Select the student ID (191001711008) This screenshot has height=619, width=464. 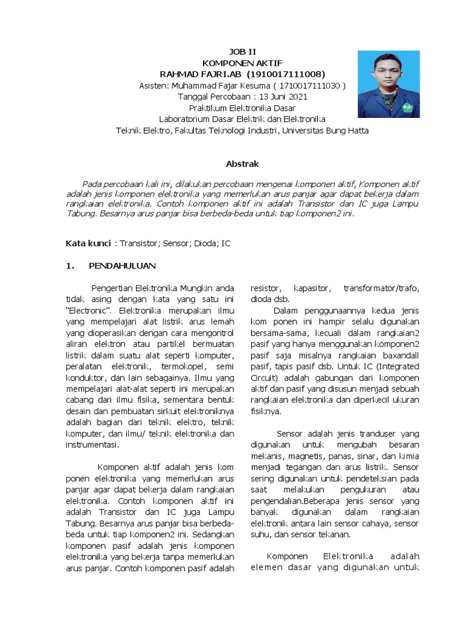[x=282, y=74]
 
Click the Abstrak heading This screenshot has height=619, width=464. [x=242, y=164]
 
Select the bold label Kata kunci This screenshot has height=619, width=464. [x=88, y=243]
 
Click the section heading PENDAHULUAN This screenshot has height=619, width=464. [x=123, y=265]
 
